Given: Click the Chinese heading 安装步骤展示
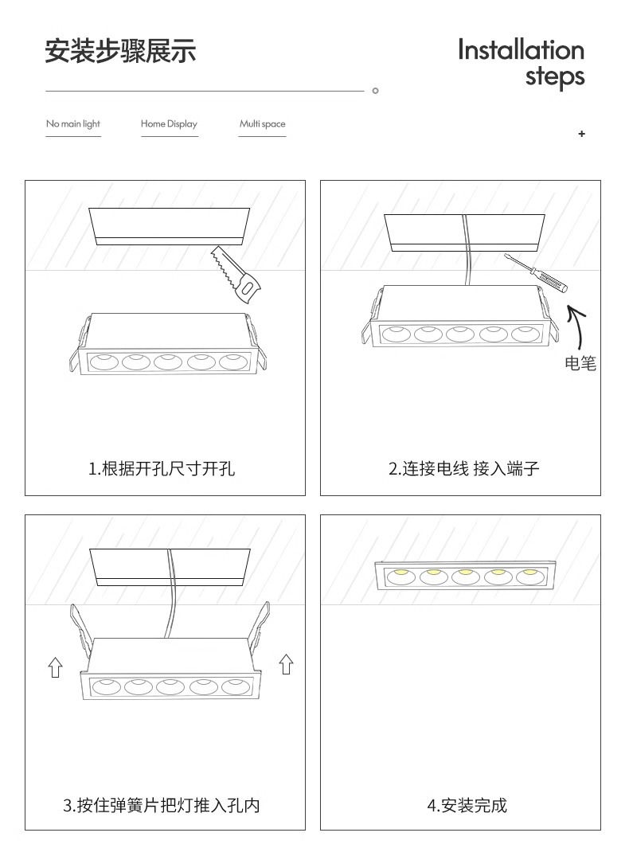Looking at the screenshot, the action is click(120, 50).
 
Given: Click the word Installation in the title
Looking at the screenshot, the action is click(521, 50).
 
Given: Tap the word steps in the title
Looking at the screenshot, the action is click(555, 77).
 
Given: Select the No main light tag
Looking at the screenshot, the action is click(73, 124).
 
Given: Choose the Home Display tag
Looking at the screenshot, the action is click(169, 124).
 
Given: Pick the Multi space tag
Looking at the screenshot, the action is click(262, 124).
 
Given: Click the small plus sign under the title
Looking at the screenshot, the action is click(581, 134).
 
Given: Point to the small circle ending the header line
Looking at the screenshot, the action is click(376, 91).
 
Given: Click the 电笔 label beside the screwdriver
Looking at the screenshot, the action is click(580, 364).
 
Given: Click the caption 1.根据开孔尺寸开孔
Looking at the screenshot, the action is click(162, 468).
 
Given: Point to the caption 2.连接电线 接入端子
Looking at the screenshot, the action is click(463, 468).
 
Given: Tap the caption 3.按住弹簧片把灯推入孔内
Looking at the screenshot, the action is click(162, 805).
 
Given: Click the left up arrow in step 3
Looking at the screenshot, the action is click(55, 666).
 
